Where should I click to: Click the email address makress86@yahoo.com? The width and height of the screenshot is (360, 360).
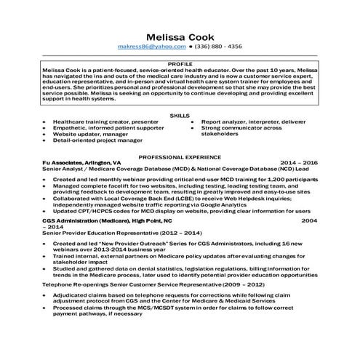click(x=151, y=46)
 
